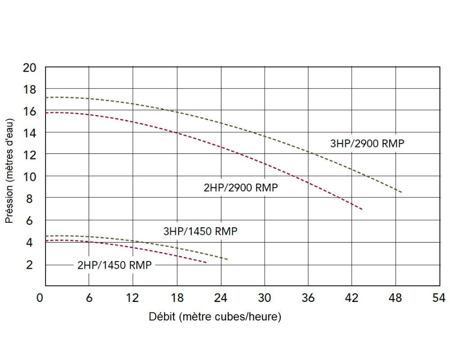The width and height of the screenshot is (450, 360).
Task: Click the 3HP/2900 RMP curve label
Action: coord(367,144)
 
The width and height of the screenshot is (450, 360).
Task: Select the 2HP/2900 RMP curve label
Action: coord(241,188)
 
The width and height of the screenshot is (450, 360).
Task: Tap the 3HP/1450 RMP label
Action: coord(200,232)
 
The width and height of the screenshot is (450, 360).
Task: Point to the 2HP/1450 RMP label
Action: coord(114,265)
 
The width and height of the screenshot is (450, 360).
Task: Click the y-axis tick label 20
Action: coord(29,67)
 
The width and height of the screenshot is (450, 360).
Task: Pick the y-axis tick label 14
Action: coord(29,133)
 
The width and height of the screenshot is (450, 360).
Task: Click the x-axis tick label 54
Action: coord(439,297)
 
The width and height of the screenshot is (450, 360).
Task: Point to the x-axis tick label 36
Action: coord(308,297)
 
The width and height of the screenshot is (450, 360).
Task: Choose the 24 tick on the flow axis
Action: coord(220,297)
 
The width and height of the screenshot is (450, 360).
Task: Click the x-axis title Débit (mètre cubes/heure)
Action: coord(215,317)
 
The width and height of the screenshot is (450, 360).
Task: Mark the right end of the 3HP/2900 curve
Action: coord(401,192)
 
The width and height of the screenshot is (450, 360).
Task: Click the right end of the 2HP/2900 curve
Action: coord(362,209)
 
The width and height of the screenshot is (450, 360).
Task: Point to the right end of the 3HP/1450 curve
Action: coord(228,259)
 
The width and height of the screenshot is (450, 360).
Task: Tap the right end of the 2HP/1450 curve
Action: coord(207,262)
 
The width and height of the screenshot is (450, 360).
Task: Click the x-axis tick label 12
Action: coord(133,297)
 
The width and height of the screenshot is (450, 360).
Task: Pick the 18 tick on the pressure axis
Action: coord(29,89)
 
